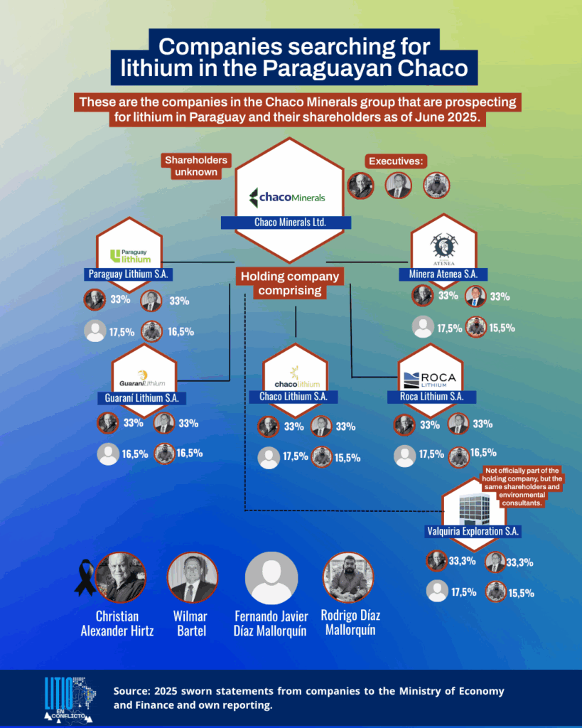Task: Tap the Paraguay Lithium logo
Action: tap(131, 256)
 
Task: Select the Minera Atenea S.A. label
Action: tap(443, 274)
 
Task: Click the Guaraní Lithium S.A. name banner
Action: tap(141, 398)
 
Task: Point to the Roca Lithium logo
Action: tap(430, 380)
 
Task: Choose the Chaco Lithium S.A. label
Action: tap(293, 397)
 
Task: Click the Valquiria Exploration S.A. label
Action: tap(473, 531)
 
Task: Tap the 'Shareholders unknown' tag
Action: tap(196, 166)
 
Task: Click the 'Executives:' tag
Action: tap(396, 161)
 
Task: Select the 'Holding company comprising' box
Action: tap(290, 283)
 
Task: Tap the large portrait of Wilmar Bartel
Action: tap(192, 577)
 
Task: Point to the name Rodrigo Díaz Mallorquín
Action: tap(350, 623)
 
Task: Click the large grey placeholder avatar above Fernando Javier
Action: tap(271, 578)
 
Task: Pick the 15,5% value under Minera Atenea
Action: tap(502, 328)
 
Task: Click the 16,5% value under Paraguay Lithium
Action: tap(181, 331)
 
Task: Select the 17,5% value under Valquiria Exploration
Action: tap(464, 592)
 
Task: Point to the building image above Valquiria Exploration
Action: tap(474, 509)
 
